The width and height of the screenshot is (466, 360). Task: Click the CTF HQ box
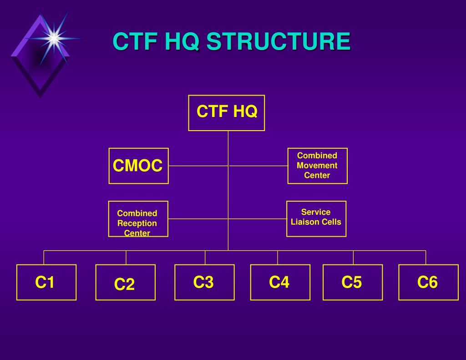pos(227,112)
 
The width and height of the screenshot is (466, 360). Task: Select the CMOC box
pos(138,166)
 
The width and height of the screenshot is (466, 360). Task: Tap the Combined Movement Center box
pos(317,166)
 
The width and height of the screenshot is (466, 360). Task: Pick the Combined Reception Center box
pos(138,219)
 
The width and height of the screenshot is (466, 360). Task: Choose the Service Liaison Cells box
pos(316,219)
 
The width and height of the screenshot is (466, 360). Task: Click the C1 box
pos(46,282)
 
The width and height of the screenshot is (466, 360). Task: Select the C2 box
pos(125,283)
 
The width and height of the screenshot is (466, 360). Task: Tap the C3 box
pos(204,282)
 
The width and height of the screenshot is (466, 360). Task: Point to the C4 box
pos(280,282)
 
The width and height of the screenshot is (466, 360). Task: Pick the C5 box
pos(353,282)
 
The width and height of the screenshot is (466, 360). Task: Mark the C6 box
pos(428,282)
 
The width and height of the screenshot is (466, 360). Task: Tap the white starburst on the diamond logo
pos(54,38)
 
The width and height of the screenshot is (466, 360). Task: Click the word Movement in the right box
pos(317,165)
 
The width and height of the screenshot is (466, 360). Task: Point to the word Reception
pos(137,223)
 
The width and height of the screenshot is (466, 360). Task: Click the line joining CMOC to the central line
pos(198,166)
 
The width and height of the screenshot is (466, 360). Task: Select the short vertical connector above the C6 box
pos(425,257)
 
